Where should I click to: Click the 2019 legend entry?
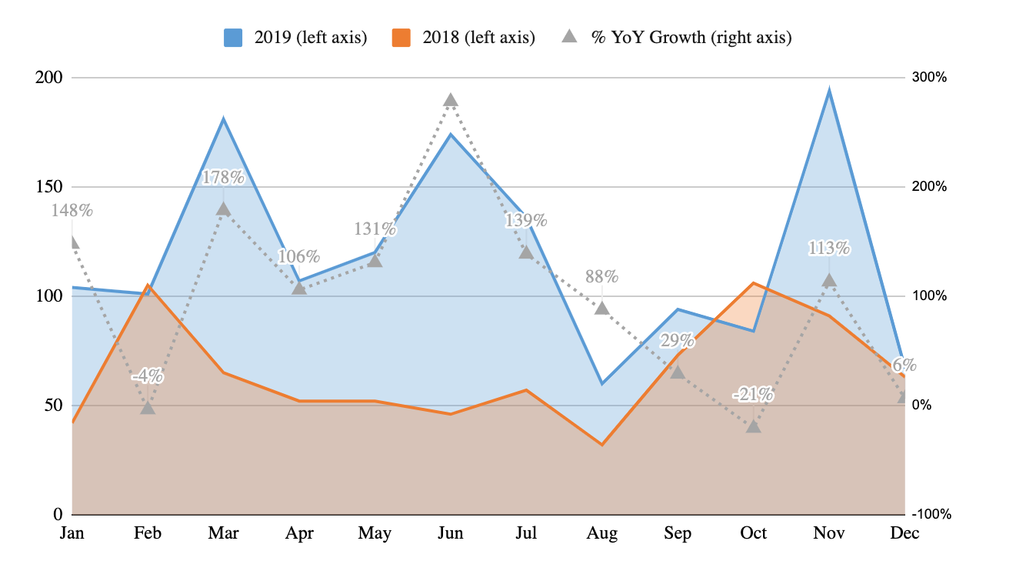(x=294, y=37)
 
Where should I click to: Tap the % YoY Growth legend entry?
(x=677, y=37)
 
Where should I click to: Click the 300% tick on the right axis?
(x=929, y=78)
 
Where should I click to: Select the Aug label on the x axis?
(x=602, y=533)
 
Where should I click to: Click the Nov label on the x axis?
(x=829, y=533)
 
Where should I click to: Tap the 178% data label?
(x=223, y=178)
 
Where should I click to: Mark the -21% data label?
(x=753, y=396)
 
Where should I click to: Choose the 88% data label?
(x=601, y=276)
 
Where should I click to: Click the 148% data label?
(x=72, y=210)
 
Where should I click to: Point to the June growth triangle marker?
(x=451, y=100)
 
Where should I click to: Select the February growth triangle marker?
(x=148, y=407)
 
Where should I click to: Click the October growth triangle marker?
(x=754, y=426)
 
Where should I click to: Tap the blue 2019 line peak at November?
(x=829, y=91)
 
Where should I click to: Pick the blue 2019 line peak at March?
(x=223, y=119)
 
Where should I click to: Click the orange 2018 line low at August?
(x=602, y=445)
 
